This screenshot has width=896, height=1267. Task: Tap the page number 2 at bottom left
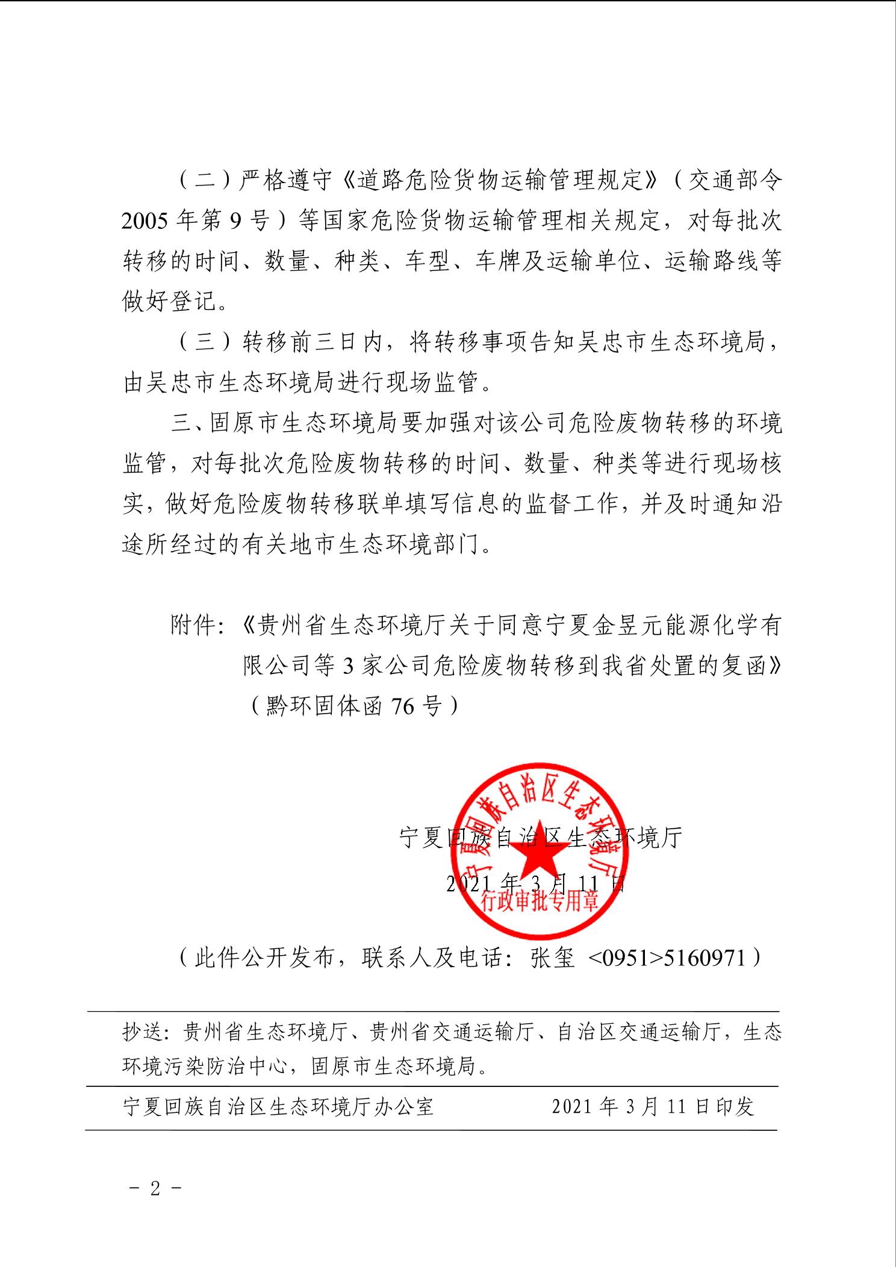155,1188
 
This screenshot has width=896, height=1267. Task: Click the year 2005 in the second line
145,221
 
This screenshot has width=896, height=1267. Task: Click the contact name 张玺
552,957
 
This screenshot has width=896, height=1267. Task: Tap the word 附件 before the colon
193,625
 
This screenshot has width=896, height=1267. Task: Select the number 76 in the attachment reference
402,705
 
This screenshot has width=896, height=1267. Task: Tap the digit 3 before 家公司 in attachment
348,665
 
